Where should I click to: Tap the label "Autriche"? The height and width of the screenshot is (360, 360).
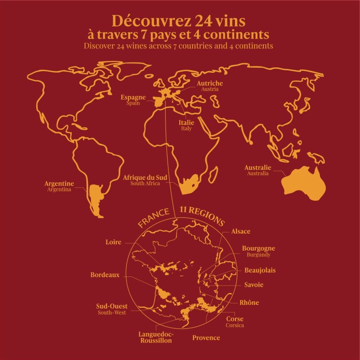(x=210, y=84)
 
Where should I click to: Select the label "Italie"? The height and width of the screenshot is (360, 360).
(x=186, y=122)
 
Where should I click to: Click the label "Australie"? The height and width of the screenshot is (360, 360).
(x=257, y=168)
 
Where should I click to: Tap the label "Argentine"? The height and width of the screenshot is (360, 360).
(x=59, y=184)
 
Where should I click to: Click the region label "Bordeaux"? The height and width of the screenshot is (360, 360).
(x=105, y=275)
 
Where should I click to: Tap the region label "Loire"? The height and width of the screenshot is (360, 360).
(x=113, y=242)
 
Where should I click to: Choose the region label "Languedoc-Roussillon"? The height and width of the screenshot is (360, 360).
(x=155, y=337)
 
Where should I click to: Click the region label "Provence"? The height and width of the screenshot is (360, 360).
(x=206, y=338)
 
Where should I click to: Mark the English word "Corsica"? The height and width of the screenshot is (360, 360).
(x=234, y=325)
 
